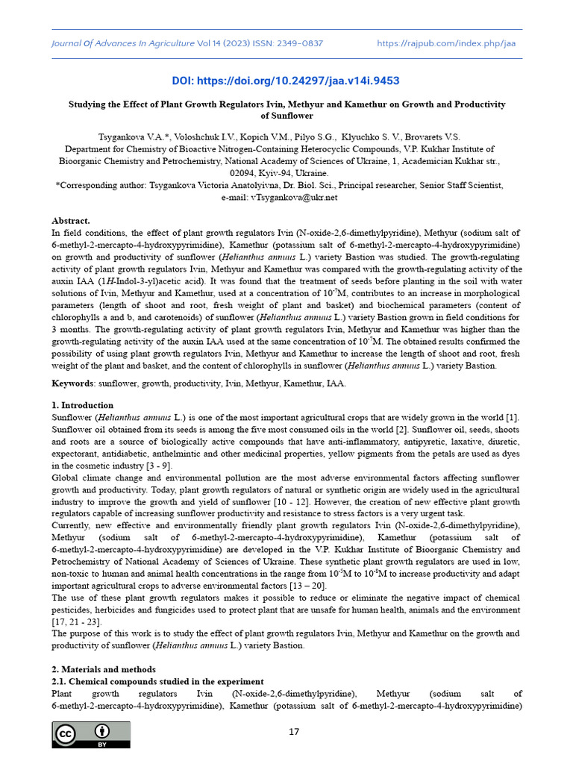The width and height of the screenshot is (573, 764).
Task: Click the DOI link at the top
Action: (x=286, y=81)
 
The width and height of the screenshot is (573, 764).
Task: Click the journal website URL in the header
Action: (x=446, y=43)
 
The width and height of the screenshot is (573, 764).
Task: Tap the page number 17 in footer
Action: (x=294, y=731)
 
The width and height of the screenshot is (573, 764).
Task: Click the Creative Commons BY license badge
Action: (x=90, y=734)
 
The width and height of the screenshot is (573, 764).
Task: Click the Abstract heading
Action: (x=70, y=221)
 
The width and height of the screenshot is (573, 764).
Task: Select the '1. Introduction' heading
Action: (x=84, y=404)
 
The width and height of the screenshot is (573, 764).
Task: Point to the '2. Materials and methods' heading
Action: (x=104, y=669)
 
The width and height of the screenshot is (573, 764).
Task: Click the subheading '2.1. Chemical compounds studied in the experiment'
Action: (x=157, y=681)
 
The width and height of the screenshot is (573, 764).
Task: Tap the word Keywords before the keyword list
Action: (x=72, y=383)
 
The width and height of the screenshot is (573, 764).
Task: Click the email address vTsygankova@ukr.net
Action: (x=295, y=197)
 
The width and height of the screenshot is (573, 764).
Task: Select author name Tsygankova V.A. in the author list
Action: (x=131, y=137)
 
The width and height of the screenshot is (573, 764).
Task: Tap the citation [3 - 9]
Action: (x=160, y=466)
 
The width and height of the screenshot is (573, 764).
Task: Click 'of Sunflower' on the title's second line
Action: (x=286, y=116)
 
